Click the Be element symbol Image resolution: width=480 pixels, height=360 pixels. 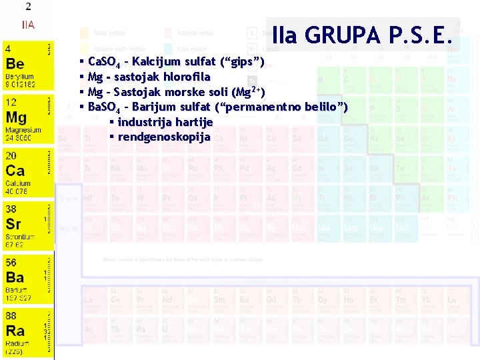tap(15, 64)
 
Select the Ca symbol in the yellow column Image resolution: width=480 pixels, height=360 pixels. tap(16, 171)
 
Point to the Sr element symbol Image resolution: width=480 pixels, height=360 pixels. tap(13, 223)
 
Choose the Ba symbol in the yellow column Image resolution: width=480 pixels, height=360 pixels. tap(15, 277)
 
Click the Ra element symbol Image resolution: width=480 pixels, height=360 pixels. tap(15, 330)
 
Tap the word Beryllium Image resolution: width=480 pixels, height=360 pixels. tap(19, 77)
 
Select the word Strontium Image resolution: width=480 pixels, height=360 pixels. tap(20, 236)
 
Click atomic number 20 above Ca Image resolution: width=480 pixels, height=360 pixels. tap(11, 155)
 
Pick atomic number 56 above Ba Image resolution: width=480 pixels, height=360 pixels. tap(11, 262)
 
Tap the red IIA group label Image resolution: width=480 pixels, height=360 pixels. tap(27, 25)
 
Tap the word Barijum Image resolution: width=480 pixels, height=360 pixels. tap(157, 107)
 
